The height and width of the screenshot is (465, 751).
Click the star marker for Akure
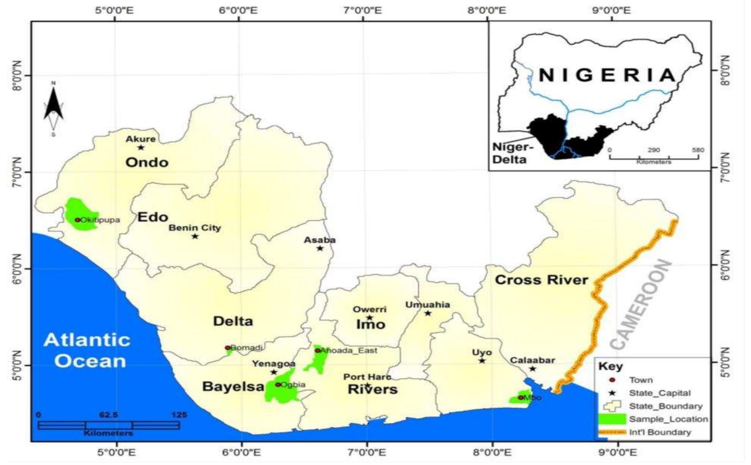141,148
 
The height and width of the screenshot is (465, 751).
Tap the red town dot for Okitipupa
77,220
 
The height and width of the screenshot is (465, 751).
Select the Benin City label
195,228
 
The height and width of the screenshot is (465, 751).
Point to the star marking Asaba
320,248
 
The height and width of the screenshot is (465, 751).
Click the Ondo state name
147,162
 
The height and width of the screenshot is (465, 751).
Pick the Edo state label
153,217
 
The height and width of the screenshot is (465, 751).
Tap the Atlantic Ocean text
87,350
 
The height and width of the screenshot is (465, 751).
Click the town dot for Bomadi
227,348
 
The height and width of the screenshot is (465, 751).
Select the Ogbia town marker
278,385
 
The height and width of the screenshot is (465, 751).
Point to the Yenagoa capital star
274,372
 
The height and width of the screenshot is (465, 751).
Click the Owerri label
369,309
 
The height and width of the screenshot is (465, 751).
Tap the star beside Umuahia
428,313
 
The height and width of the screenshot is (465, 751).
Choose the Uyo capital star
482,361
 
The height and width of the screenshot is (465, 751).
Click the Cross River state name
542,280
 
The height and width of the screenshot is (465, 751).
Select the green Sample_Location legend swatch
611,419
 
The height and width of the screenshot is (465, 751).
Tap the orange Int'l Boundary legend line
611,432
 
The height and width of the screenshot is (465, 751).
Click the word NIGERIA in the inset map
607,75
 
